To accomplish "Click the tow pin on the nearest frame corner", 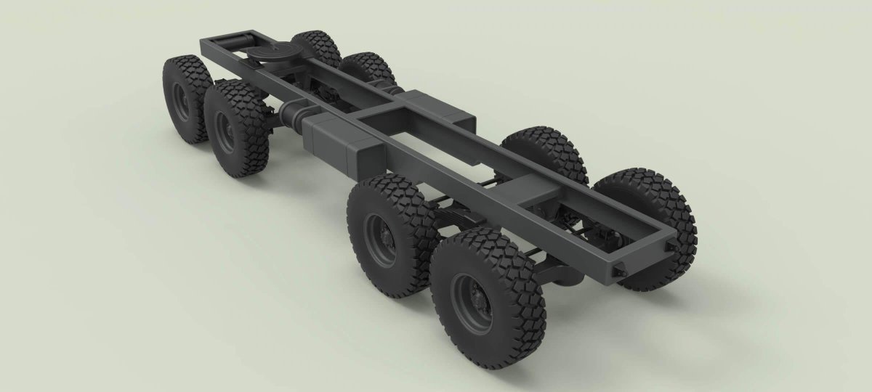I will [618, 271].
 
